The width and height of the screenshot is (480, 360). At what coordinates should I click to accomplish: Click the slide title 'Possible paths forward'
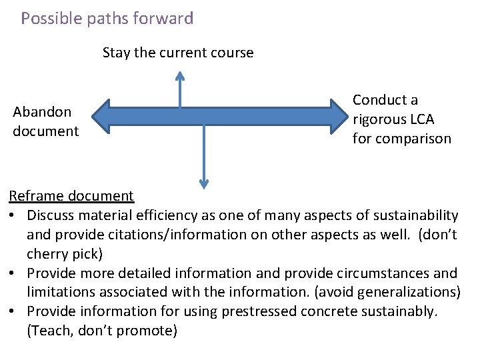click(x=107, y=18)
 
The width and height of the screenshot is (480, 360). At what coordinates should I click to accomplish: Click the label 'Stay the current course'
click(x=178, y=53)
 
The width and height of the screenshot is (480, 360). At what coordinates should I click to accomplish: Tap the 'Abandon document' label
click(x=45, y=121)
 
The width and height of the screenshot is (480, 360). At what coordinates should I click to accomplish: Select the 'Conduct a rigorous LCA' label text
click(x=393, y=110)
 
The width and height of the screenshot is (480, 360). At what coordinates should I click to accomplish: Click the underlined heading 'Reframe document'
click(x=71, y=196)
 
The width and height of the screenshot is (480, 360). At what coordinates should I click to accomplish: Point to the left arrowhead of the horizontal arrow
click(x=100, y=115)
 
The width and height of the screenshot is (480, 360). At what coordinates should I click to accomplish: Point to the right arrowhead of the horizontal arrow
click(x=339, y=115)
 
